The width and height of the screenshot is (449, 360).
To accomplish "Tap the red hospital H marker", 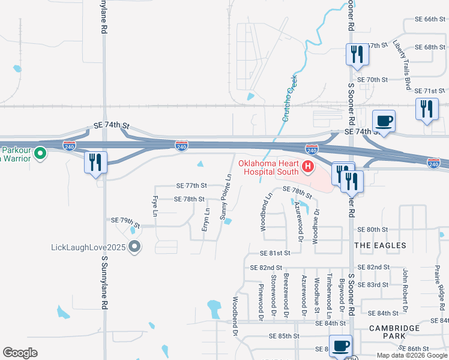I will tap(308, 166).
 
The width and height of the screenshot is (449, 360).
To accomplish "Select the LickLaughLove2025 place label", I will tap(88, 247).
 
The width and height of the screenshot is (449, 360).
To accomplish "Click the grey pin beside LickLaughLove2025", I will tap(135, 247).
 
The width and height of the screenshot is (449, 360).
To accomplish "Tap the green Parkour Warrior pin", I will tap(40, 154).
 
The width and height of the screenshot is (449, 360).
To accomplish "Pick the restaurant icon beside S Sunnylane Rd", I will tap(95, 162).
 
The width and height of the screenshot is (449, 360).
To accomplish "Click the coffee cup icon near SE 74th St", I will tap(384, 121).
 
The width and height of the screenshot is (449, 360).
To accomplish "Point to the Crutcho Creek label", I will tap(289, 98).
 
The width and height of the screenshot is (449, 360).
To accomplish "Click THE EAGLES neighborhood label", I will tap(380, 245).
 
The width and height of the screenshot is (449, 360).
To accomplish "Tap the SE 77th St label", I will tap(191, 185).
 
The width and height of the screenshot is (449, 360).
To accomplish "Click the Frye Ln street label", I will tap(155, 206).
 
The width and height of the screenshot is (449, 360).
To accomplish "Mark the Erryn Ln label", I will tap(206, 219).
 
